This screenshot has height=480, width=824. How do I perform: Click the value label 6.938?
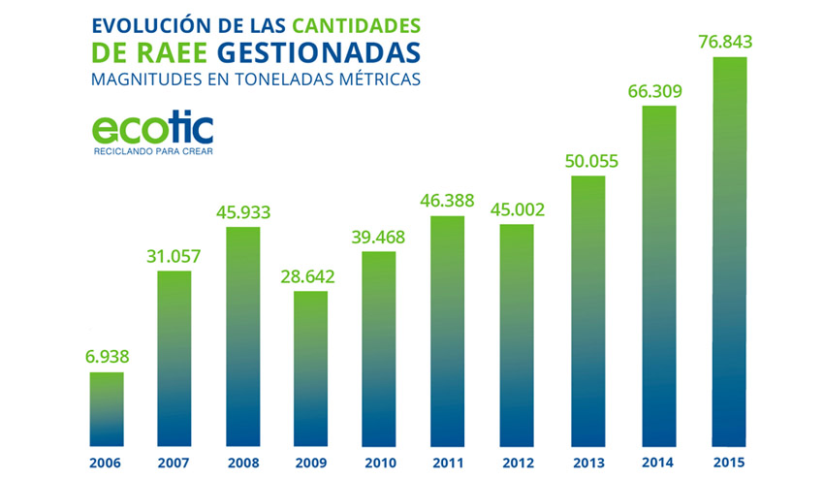tap(107, 357)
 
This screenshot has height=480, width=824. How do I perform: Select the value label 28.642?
tap(311, 276)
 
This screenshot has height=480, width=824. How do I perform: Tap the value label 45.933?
tap(242, 212)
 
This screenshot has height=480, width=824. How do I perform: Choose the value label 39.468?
tap(379, 237)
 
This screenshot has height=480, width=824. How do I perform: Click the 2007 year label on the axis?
tap(174, 462)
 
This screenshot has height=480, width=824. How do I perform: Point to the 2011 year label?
tap(447, 462)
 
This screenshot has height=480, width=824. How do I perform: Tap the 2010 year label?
tap(379, 462)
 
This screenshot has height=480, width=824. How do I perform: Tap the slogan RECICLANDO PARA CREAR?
tap(152, 152)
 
